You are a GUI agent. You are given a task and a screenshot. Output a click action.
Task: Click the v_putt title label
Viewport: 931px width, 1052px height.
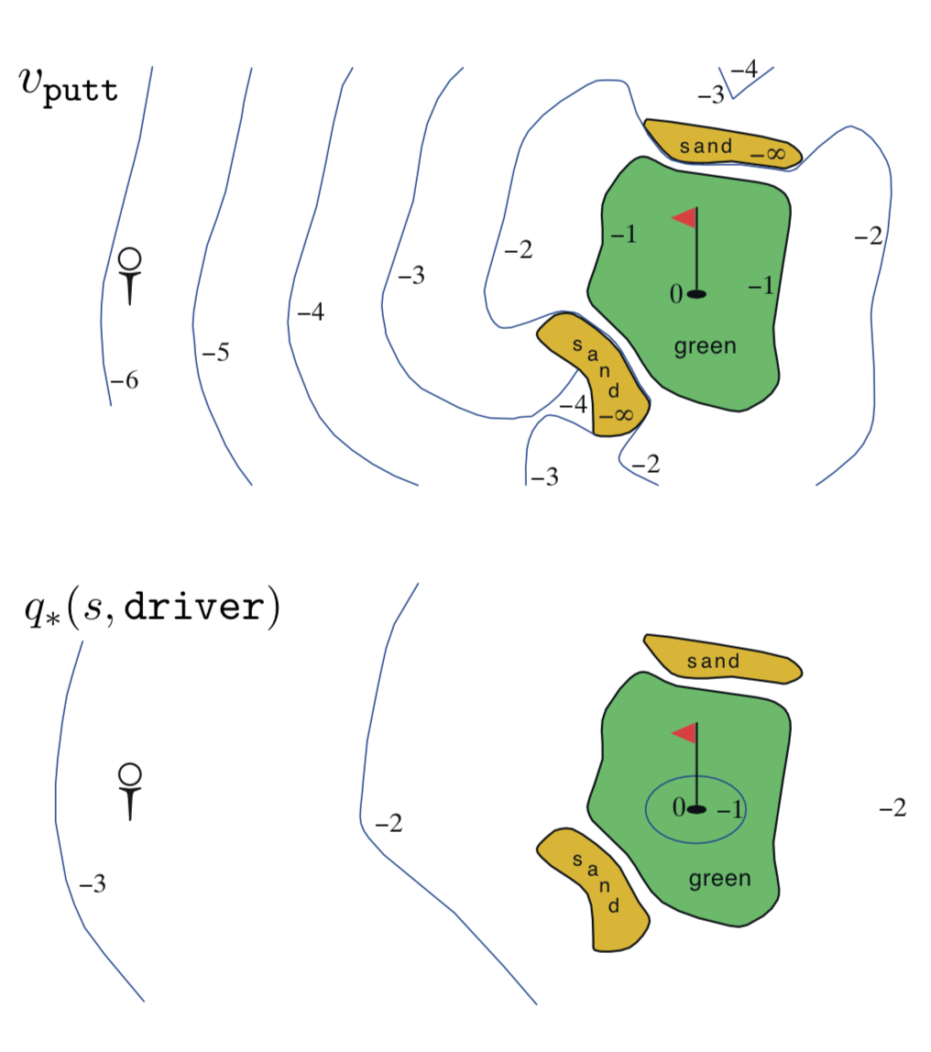[x=69, y=86]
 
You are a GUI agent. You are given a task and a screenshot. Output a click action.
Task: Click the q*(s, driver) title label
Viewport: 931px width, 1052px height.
[x=152, y=608]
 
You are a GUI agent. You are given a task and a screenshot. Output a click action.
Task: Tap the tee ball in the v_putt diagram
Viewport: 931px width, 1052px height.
[x=129, y=259]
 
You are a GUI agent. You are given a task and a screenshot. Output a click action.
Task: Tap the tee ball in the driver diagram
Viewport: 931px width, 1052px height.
[x=129, y=774]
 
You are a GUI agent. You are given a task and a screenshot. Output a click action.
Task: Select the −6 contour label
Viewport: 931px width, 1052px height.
[x=124, y=380]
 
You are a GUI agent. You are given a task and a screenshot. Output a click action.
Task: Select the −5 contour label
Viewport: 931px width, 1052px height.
[x=215, y=352]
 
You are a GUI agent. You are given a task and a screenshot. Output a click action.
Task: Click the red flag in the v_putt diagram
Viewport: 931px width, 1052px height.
[x=685, y=218]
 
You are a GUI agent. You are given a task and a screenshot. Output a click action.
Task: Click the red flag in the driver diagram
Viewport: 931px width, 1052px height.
[x=685, y=733]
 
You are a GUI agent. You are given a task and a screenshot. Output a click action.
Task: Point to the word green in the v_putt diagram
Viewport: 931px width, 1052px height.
[x=705, y=346]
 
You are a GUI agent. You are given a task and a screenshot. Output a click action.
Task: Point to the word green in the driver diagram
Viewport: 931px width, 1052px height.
[x=719, y=879]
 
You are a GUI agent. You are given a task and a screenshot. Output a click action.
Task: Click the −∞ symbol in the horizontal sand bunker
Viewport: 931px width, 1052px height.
[x=767, y=154]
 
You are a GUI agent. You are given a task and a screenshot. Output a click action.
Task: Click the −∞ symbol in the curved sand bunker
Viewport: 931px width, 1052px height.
[x=616, y=415]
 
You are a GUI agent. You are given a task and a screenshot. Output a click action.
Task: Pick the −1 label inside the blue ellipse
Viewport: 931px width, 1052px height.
[x=729, y=809]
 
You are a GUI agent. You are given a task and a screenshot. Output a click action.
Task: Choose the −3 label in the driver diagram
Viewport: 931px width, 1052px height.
[x=93, y=883]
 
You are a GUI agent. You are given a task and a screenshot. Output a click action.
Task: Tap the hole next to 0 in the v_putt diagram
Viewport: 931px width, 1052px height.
[x=697, y=294]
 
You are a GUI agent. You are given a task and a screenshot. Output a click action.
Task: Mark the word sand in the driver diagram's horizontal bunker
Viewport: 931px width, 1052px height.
[x=713, y=662]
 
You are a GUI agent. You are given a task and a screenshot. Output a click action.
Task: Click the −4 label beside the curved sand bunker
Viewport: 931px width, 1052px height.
[x=573, y=404]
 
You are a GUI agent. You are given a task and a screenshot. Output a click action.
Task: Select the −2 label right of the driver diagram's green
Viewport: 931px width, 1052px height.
[x=893, y=807]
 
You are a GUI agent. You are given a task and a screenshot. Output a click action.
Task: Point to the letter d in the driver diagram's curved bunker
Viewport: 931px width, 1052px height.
[x=614, y=905]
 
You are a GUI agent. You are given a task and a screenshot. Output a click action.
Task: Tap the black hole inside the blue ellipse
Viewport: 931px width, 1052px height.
[x=697, y=809]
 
